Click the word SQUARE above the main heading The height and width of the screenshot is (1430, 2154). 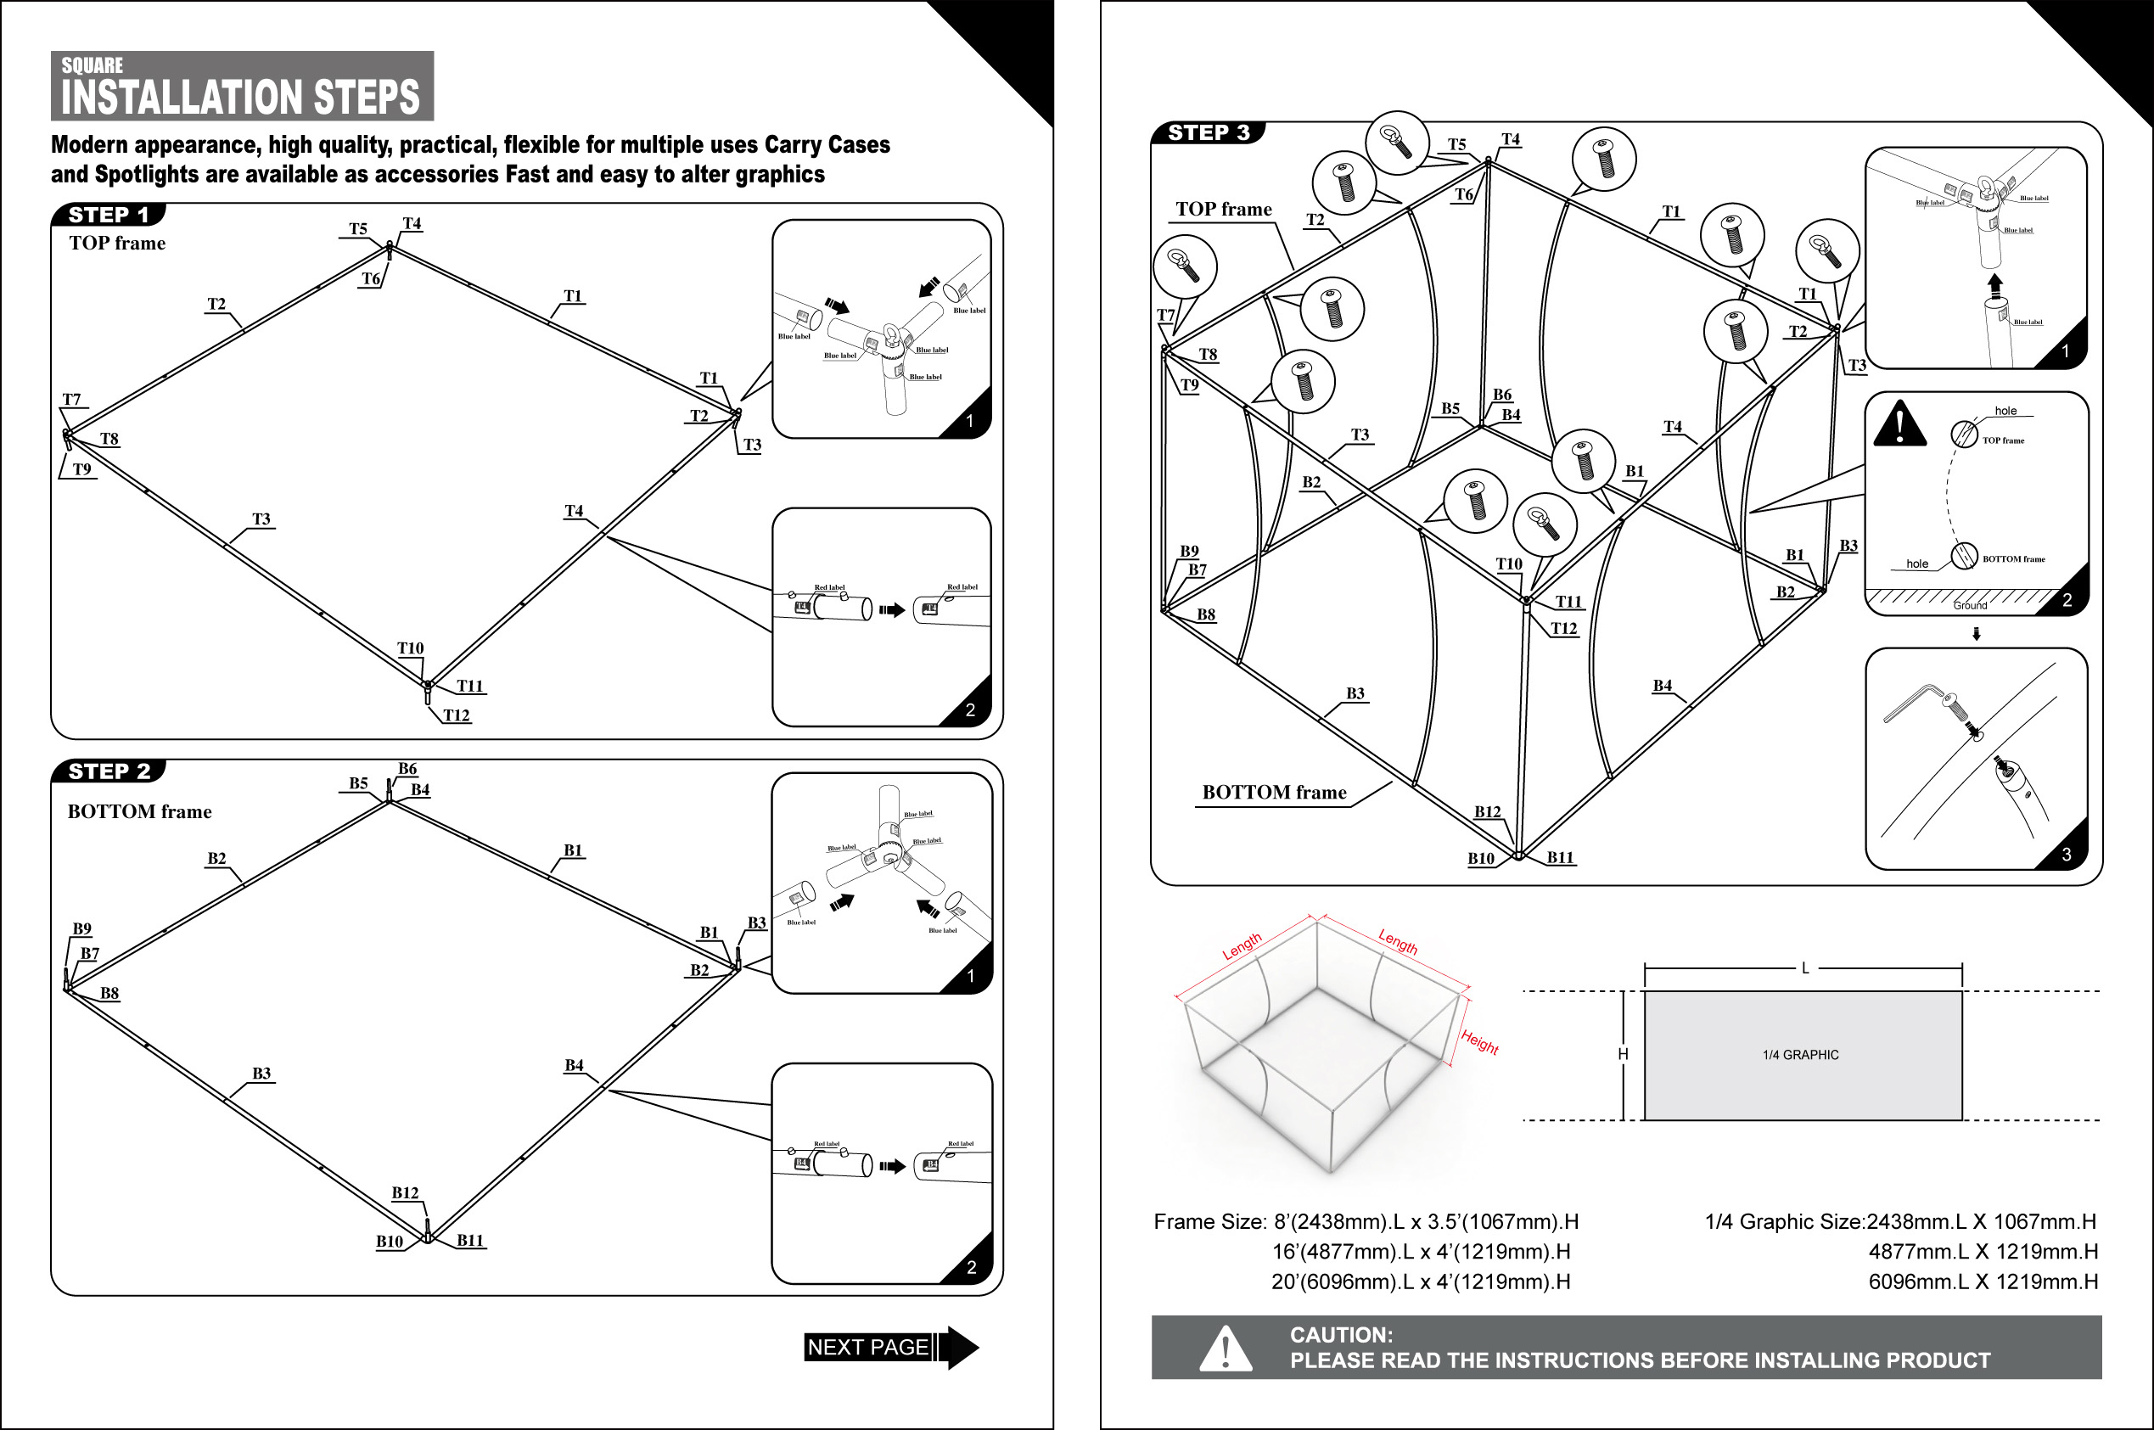pyautogui.click(x=93, y=65)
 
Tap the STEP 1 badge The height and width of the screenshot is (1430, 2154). pyautogui.click(x=109, y=216)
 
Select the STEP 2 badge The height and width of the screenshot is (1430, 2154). pyautogui.click(x=109, y=771)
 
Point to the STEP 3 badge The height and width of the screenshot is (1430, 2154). pyautogui.click(x=1209, y=133)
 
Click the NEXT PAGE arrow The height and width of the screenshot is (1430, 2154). pyautogui.click(x=890, y=1347)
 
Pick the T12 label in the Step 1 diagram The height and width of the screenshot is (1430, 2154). pyautogui.click(x=456, y=715)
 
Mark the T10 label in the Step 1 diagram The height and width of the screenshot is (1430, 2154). pyautogui.click(x=411, y=648)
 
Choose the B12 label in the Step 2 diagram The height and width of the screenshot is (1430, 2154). pyautogui.click(x=405, y=1193)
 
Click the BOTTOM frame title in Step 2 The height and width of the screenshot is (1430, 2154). pyautogui.click(x=139, y=811)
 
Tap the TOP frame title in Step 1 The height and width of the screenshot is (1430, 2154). pyautogui.click(x=118, y=244)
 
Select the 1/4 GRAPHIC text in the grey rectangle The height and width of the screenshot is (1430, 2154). pyautogui.click(x=1800, y=1055)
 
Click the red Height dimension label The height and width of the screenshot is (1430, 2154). pyautogui.click(x=1479, y=1040)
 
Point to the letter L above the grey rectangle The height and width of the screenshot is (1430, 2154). pyautogui.click(x=1804, y=968)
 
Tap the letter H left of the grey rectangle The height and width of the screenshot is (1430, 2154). pyautogui.click(x=1624, y=1054)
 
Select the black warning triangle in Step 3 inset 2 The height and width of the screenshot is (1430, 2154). pyautogui.click(x=1899, y=424)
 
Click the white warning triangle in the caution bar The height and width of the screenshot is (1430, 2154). pyautogui.click(x=1225, y=1349)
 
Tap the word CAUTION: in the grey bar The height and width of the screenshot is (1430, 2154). pyautogui.click(x=1341, y=1335)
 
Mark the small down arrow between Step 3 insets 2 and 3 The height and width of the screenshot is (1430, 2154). pyautogui.click(x=1976, y=634)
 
